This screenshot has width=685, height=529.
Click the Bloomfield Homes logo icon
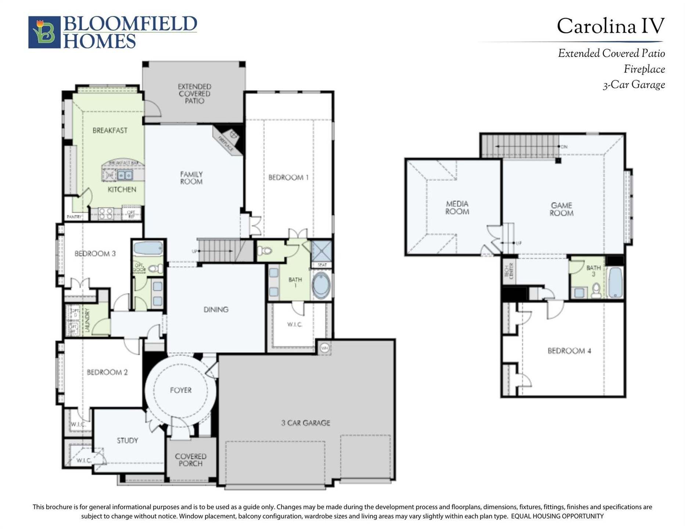44,32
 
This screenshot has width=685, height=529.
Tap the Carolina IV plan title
610,26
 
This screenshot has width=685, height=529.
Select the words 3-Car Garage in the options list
634,85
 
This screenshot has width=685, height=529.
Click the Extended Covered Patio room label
194,94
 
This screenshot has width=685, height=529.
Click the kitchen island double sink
125,175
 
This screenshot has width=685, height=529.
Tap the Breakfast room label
110,130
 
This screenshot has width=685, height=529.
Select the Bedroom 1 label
288,177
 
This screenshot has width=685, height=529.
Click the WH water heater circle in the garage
324,348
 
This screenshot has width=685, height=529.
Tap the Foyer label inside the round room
180,390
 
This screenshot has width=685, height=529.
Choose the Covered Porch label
190,460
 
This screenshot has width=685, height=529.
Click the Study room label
127,440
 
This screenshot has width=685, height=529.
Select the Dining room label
216,310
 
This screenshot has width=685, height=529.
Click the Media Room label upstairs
457,208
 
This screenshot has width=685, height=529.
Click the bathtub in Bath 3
615,282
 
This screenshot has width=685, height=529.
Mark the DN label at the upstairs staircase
564,147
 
